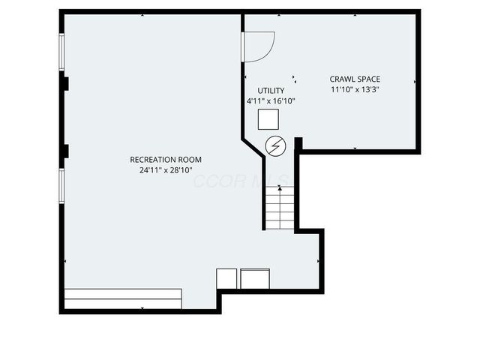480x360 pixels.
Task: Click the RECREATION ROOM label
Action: (166, 160)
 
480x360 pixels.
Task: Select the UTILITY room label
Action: (271, 91)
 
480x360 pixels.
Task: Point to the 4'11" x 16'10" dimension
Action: (271, 100)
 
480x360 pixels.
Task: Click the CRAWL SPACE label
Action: (355, 79)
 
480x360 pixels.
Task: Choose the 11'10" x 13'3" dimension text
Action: (355, 89)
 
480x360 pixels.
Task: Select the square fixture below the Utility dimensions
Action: (268, 119)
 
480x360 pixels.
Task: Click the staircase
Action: (280, 208)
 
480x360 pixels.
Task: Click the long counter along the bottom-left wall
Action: (123, 298)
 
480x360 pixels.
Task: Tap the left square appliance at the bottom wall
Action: (226, 278)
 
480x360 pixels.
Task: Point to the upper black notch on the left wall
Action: (66, 83)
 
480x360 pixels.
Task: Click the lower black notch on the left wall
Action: (66, 151)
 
